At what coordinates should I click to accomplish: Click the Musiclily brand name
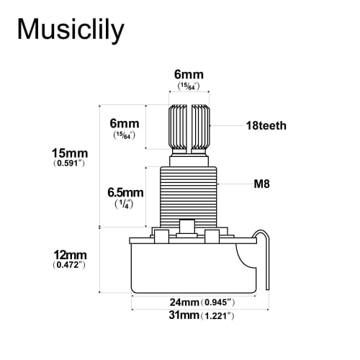(70, 30)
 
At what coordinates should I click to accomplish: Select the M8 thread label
(263, 184)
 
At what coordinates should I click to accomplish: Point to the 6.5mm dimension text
(125, 193)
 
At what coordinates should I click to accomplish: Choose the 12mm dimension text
(69, 255)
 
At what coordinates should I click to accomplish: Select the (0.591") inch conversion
(71, 164)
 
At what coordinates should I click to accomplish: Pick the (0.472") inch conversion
(69, 266)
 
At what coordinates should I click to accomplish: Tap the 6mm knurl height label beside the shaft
(125, 124)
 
